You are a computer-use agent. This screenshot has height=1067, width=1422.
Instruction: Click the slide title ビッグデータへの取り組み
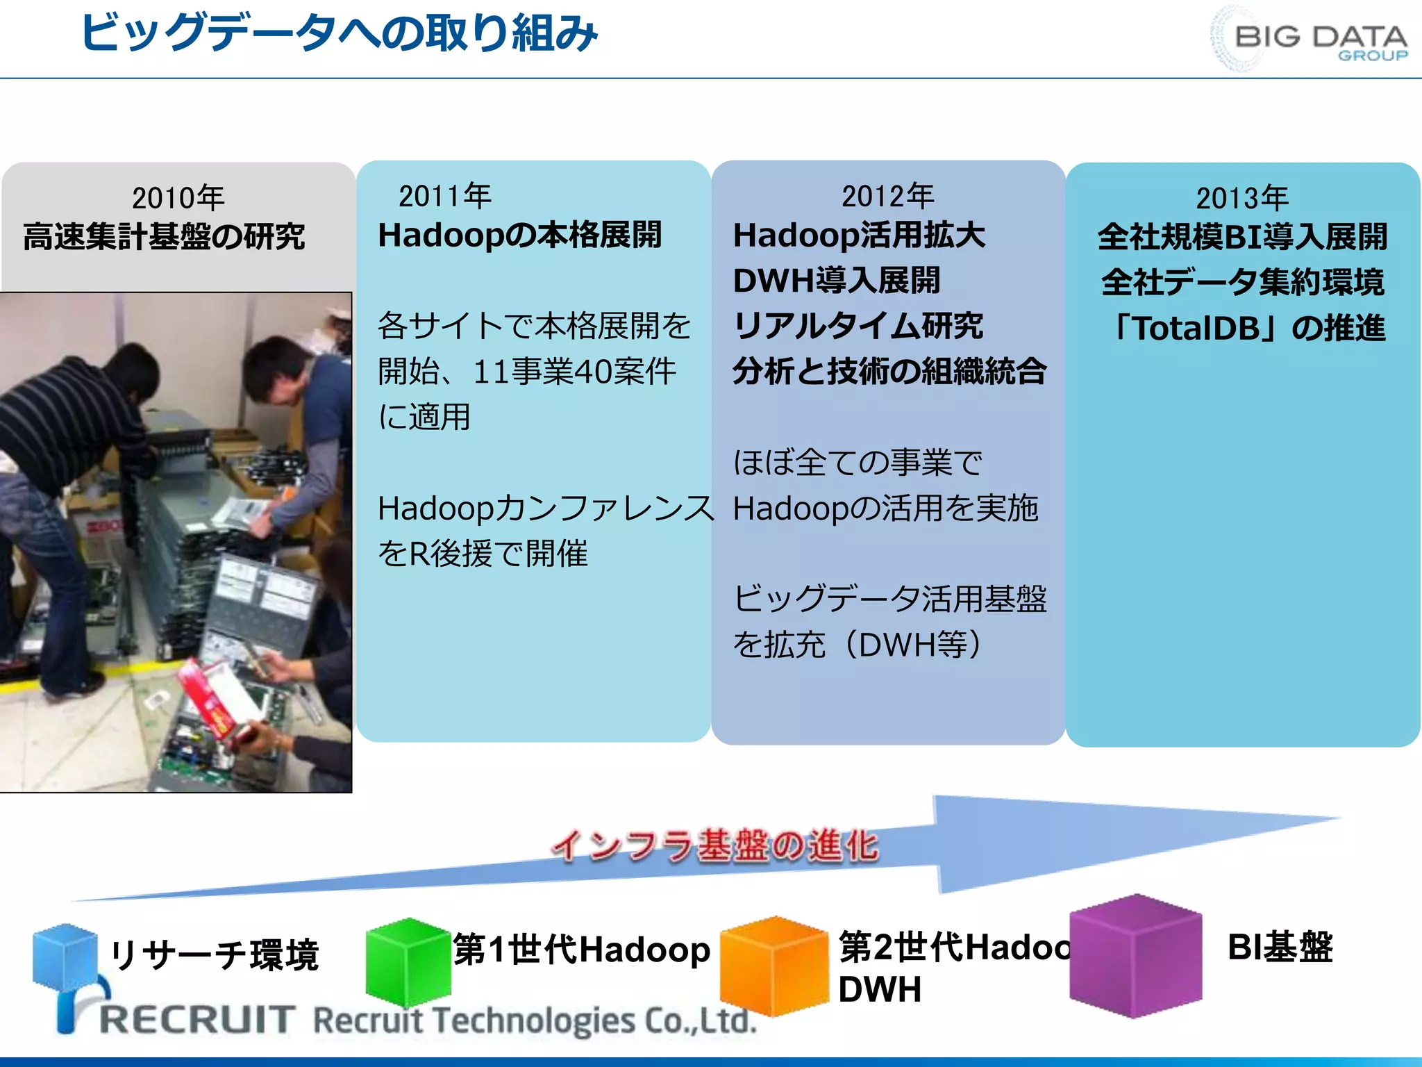(339, 33)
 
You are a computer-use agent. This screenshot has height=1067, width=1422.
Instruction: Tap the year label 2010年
(178, 198)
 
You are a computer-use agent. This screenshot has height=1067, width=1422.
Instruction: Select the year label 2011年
(444, 196)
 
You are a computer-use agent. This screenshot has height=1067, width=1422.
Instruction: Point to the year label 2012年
(887, 196)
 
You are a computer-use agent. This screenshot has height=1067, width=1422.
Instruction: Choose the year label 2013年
(1241, 198)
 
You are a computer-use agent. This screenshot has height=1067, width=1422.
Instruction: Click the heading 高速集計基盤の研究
(164, 237)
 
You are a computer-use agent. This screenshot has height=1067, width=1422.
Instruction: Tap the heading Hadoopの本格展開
(519, 235)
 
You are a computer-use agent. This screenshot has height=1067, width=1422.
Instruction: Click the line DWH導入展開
(836, 281)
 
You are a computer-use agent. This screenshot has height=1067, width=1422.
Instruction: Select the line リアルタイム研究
(858, 326)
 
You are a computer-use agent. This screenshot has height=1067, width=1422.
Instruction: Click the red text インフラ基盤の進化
(715, 846)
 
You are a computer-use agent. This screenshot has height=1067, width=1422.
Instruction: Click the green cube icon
(408, 961)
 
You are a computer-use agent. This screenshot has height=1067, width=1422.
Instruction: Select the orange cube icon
(775, 966)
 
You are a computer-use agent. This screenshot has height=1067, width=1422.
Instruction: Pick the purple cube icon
(1136, 956)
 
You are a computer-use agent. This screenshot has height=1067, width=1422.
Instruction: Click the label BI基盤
(1280, 947)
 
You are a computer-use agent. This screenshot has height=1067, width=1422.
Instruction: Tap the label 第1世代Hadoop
(582, 950)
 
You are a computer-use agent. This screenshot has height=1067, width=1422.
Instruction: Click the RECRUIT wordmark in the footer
(197, 1020)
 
